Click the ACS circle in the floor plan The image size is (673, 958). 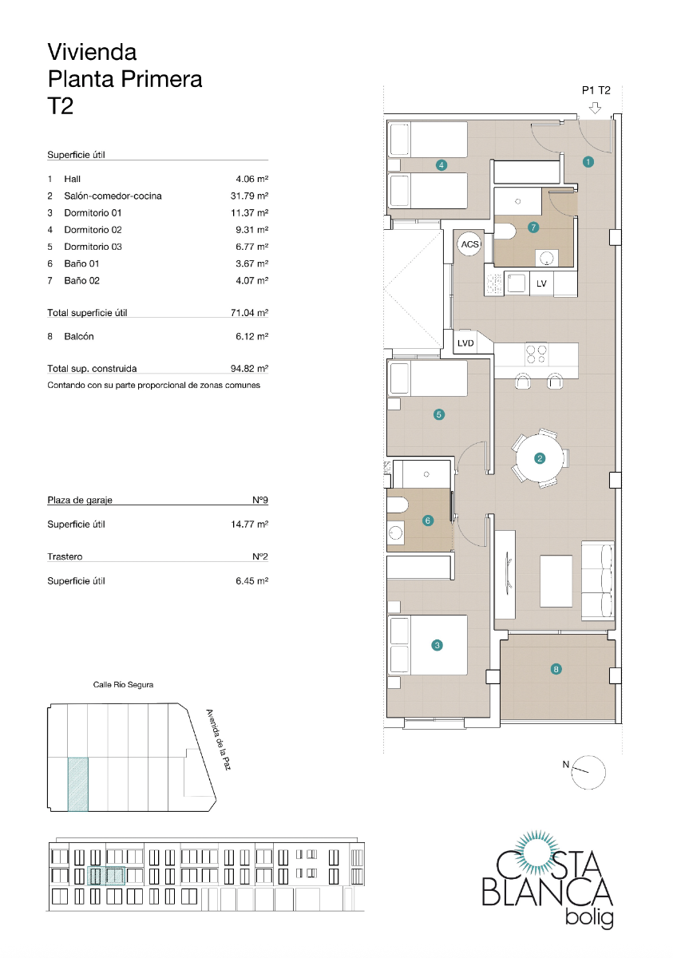[x=469, y=244]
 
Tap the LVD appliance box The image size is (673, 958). [x=465, y=343]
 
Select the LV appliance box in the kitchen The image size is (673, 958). [x=541, y=283]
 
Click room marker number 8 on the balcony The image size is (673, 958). [x=556, y=669]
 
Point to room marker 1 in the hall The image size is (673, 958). [x=588, y=161]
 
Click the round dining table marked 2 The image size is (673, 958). [x=540, y=457]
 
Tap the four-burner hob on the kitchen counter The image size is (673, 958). [x=536, y=352]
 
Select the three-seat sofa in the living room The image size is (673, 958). [x=596, y=579]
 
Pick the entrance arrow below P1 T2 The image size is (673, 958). [x=595, y=109]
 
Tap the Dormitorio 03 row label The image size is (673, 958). [x=93, y=247]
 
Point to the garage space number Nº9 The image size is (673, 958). [x=259, y=500]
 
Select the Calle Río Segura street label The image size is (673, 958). [x=123, y=685]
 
